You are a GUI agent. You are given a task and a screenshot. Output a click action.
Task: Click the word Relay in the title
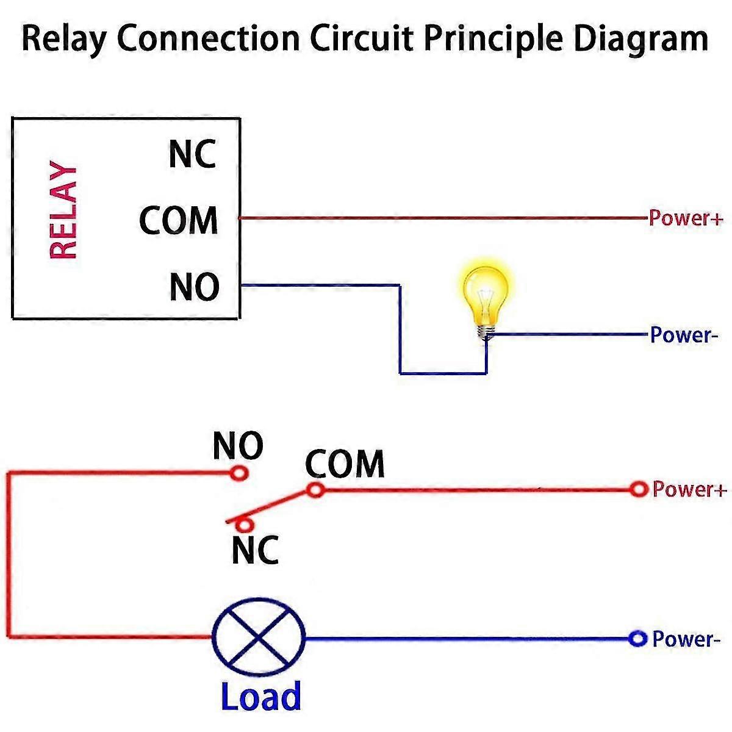65,39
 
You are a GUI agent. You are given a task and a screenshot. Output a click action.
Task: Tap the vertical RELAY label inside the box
63,210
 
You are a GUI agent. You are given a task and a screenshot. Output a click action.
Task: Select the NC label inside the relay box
193,154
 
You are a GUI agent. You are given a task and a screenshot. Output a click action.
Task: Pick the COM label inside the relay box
179,220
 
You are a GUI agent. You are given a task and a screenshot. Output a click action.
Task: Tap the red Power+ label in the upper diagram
685,218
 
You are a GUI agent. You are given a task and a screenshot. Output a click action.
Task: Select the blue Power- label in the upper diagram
680,335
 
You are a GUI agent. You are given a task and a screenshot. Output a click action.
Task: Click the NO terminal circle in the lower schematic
239,473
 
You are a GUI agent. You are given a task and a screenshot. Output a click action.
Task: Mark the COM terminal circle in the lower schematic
315,489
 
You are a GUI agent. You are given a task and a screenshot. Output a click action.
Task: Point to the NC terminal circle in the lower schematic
245,525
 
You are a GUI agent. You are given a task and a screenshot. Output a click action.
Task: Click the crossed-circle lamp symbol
259,638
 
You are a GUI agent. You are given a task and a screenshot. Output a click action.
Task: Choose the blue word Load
261,696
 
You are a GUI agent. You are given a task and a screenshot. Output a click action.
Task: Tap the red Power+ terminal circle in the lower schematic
638,489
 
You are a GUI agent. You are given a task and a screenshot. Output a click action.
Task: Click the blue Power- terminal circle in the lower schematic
637,639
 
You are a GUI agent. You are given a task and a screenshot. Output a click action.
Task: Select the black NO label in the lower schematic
238,446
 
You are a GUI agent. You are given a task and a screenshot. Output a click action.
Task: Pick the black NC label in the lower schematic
255,550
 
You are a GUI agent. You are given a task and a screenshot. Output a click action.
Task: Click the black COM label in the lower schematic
345,464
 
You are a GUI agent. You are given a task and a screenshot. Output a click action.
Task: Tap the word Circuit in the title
362,39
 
